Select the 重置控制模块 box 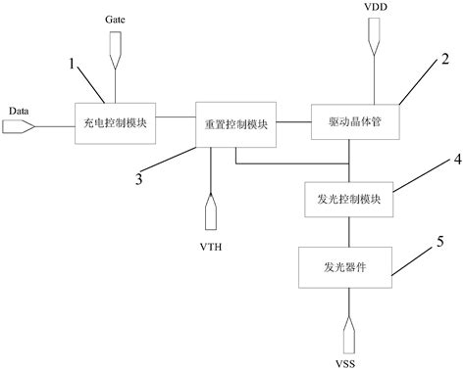(x=236, y=124)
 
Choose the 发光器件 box (x=349, y=264)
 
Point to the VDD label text (x=375, y=7)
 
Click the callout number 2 (x=445, y=59)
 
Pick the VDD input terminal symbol (x=375, y=38)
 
